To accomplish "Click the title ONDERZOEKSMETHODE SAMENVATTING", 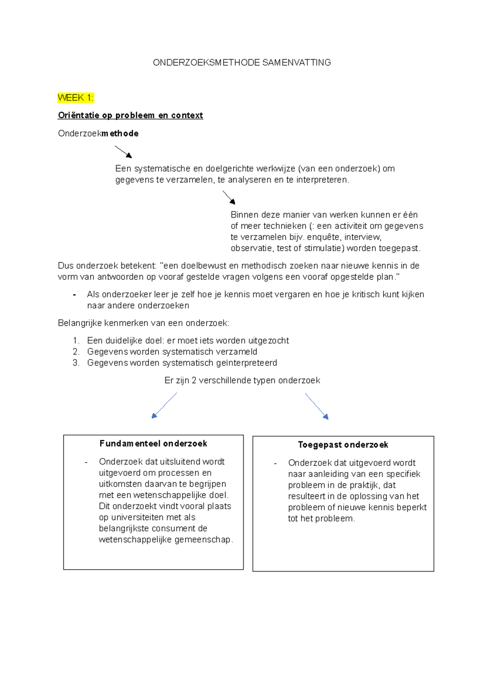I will pos(242,62).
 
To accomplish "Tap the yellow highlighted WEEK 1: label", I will pos(75,97).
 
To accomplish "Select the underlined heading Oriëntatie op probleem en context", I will pos(130,115).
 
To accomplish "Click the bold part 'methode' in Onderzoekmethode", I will pos(120,133).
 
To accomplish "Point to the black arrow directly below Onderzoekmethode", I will pos(123,152).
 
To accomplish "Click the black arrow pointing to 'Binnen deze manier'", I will pos(229,197).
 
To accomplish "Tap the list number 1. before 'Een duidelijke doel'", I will pos(76,340).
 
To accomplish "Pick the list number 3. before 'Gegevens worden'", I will pos(76,363).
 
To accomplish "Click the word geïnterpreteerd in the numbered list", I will pos(246,363).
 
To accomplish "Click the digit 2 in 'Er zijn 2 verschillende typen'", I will pos(194,380).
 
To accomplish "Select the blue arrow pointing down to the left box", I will pos(164,406).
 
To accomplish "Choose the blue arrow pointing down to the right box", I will pos(317,406).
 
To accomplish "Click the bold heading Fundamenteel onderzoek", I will pos(153,444).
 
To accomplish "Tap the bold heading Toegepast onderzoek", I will pos(343,445).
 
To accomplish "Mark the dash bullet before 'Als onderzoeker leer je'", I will pos(74,295).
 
